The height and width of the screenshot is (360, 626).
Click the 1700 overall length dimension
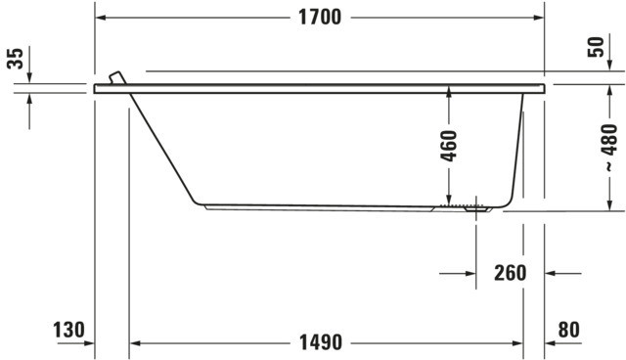[x=320, y=18]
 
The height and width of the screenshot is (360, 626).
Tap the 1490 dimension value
[x=321, y=342]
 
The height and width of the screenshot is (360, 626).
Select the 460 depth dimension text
[x=449, y=146]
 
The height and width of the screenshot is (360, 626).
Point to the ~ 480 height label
[x=609, y=148]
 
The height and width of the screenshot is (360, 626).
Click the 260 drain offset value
[x=511, y=273]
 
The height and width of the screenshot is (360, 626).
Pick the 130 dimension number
[x=69, y=330]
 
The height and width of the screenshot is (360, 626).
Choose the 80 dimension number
[x=569, y=330]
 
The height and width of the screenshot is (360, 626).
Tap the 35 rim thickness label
[x=16, y=59]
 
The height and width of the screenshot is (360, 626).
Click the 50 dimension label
[x=596, y=47]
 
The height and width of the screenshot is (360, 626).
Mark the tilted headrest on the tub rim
[x=117, y=78]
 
